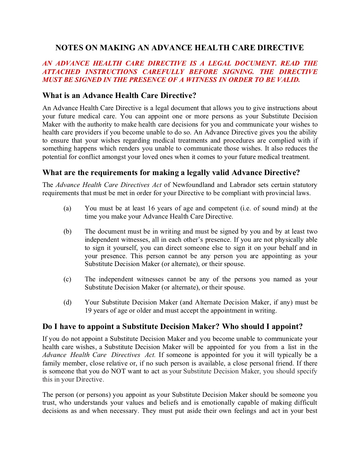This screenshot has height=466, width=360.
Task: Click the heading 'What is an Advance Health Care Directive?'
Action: pyautogui.click(x=119, y=95)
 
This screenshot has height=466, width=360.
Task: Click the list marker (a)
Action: pyautogui.click(x=67, y=208)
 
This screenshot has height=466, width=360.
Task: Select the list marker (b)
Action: pyautogui.click(x=67, y=232)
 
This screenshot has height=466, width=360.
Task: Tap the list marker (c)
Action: pyautogui.click(x=67, y=279)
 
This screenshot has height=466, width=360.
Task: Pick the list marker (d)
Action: pyautogui.click(x=67, y=302)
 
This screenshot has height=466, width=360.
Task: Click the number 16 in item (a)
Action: pyautogui.click(x=151, y=208)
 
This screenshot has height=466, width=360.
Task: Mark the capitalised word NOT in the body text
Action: pyautogui.click(x=118, y=371)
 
